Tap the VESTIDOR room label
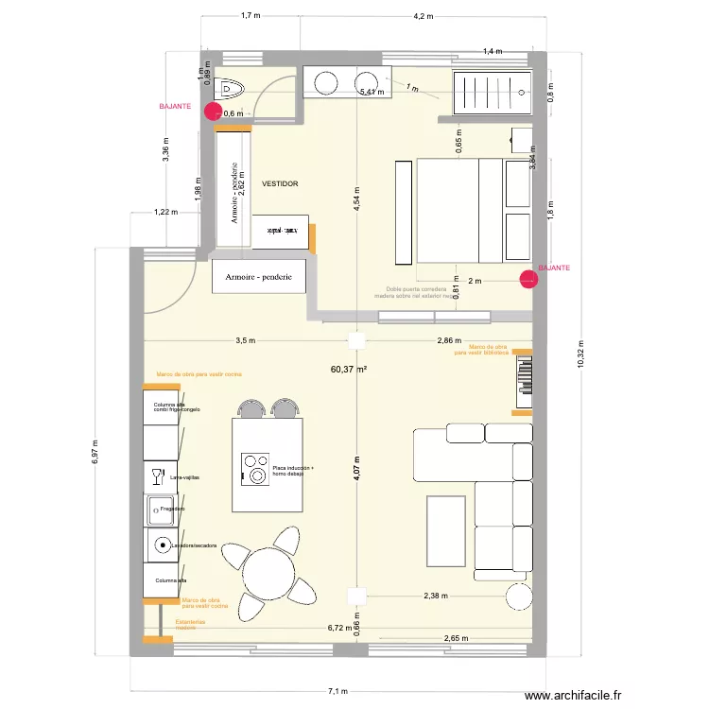(x=280, y=183)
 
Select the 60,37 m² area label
(x=348, y=370)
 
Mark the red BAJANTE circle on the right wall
(x=527, y=278)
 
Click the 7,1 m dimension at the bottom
(x=338, y=691)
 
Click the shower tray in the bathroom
(x=492, y=92)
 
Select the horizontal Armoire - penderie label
(x=259, y=278)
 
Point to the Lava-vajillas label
(x=184, y=478)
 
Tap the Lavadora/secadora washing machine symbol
(x=163, y=545)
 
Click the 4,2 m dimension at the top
(x=423, y=16)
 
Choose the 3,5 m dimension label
(x=246, y=340)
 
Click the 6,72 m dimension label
(x=338, y=628)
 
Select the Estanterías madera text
(x=190, y=624)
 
